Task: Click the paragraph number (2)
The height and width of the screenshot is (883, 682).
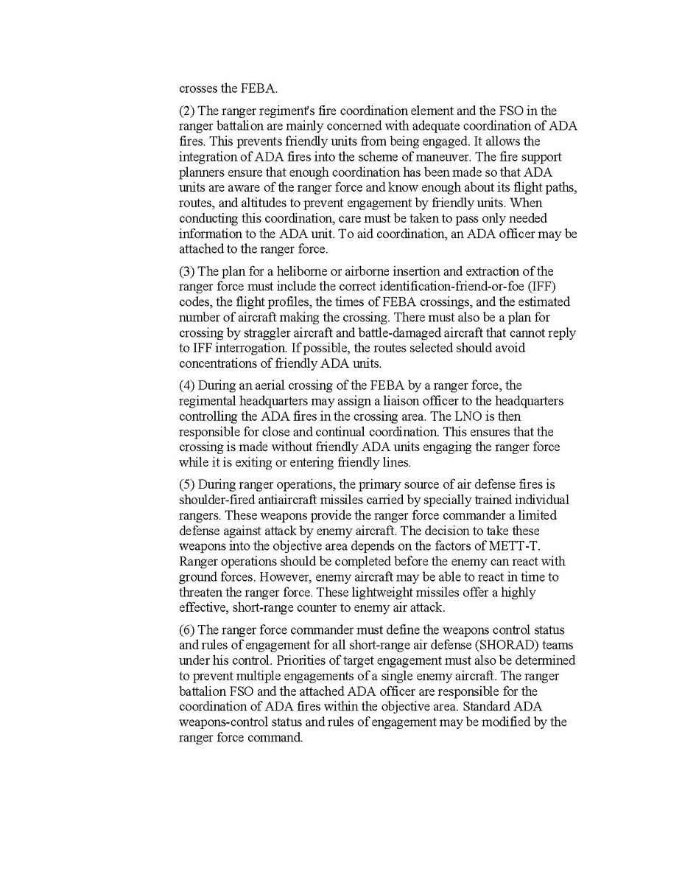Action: tap(186, 111)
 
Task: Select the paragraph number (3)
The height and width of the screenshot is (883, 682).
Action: tap(186, 272)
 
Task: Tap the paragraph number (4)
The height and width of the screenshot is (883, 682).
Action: tap(186, 385)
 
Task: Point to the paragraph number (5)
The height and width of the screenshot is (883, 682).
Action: tap(186, 484)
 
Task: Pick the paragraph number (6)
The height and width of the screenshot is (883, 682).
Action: tap(186, 629)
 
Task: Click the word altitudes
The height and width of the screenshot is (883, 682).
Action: tap(258, 203)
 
